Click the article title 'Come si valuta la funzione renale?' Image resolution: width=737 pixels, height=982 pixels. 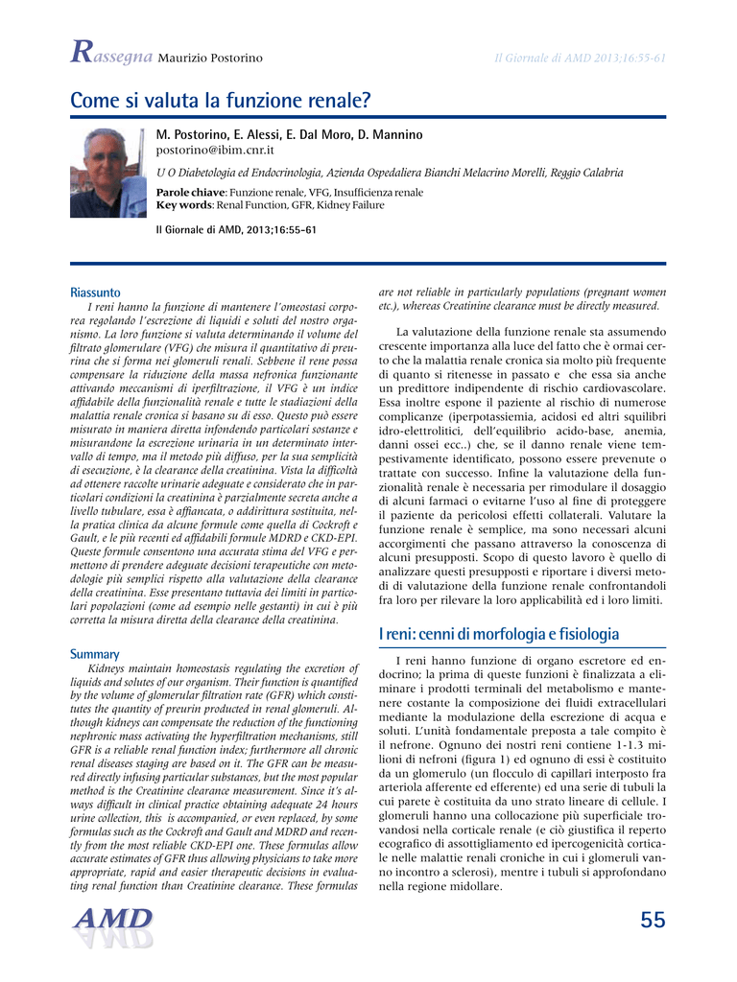[220, 100]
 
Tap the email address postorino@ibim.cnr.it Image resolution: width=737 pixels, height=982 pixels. [215, 151]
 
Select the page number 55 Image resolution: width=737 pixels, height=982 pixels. [652, 921]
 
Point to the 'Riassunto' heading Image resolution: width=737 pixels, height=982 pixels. [95, 292]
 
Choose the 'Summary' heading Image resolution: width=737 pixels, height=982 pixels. [94, 654]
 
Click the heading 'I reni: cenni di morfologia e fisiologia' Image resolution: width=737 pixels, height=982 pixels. [498, 634]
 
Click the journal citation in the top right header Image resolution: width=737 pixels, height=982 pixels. [580, 58]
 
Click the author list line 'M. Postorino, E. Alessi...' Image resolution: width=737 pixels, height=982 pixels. [289, 135]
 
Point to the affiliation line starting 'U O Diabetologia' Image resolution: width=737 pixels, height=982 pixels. [389, 173]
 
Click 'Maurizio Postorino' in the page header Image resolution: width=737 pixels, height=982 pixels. [209, 58]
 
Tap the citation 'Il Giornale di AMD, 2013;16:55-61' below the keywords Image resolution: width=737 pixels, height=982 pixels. [236, 230]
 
